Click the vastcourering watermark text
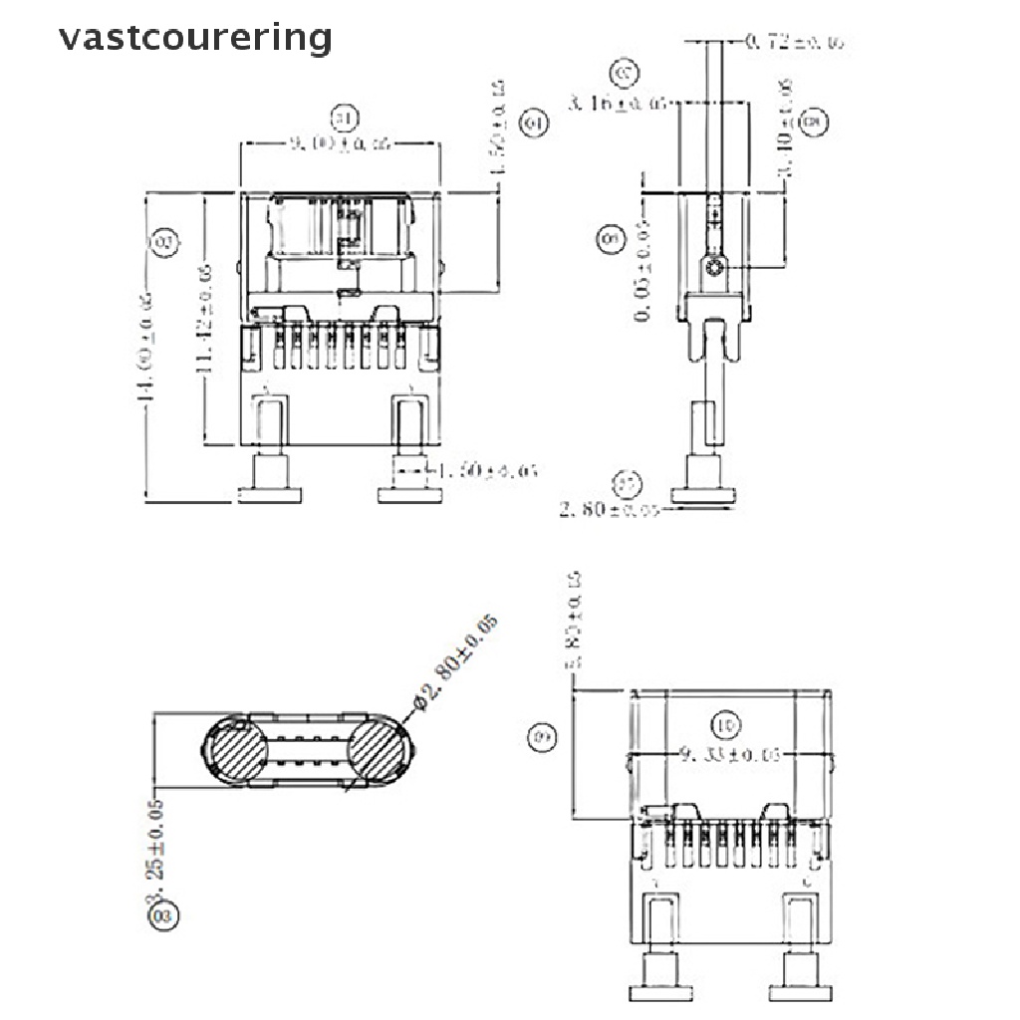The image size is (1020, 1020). (194, 38)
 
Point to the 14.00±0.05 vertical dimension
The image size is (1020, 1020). (146, 348)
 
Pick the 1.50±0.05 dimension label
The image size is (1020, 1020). (489, 469)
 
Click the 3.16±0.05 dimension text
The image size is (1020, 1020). (617, 103)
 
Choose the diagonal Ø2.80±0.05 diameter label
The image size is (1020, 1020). (454, 662)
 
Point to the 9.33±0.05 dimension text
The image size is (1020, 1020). (726, 754)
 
